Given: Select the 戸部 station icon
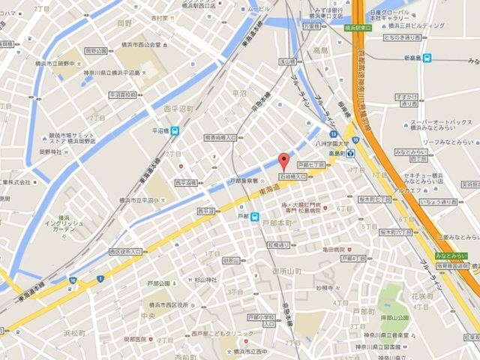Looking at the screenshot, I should [x=255, y=219].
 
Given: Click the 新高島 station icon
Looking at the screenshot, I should [x=426, y=58].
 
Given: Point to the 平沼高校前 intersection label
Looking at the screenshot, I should [x=122, y=95].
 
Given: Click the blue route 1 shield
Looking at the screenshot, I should [x=99, y=279].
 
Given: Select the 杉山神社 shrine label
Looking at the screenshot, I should [x=201, y=280].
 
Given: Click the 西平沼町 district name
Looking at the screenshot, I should [x=179, y=108].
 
